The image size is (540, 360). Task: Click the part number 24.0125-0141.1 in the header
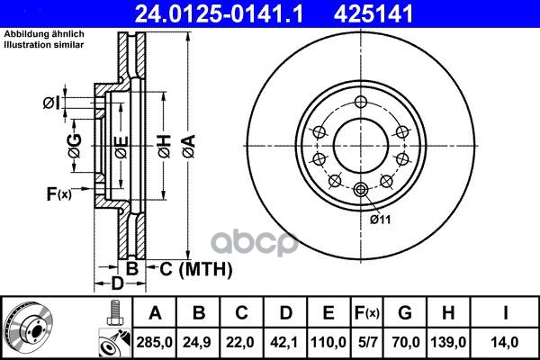(219, 13)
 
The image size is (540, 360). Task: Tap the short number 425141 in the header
(373, 13)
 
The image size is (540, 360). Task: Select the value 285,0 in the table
(154, 342)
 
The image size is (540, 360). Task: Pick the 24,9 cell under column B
(198, 342)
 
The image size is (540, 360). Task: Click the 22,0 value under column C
(241, 342)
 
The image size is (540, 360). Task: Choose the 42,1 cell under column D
(284, 342)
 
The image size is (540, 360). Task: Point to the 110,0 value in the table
(328, 342)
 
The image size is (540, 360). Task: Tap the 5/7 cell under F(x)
(366, 342)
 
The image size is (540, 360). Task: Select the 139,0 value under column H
(448, 342)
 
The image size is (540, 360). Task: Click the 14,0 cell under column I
(505, 342)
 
